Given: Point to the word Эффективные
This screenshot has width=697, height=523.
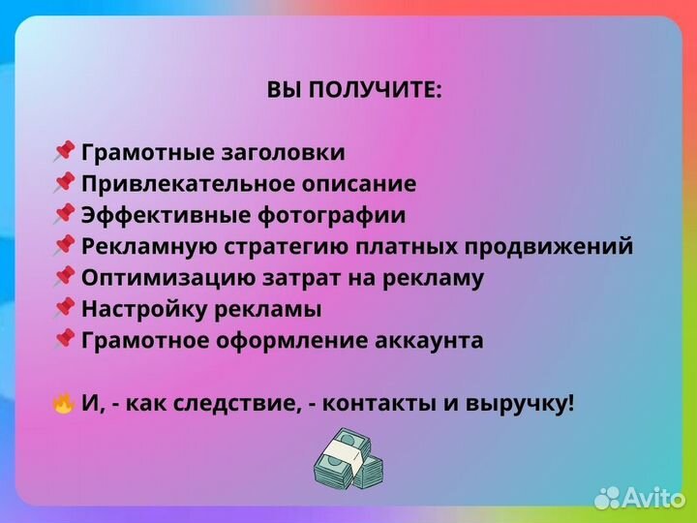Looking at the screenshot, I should (151, 216).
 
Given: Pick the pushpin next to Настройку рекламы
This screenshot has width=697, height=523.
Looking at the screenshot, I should (64, 309).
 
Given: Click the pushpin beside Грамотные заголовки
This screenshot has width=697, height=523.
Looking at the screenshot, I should (64, 152).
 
